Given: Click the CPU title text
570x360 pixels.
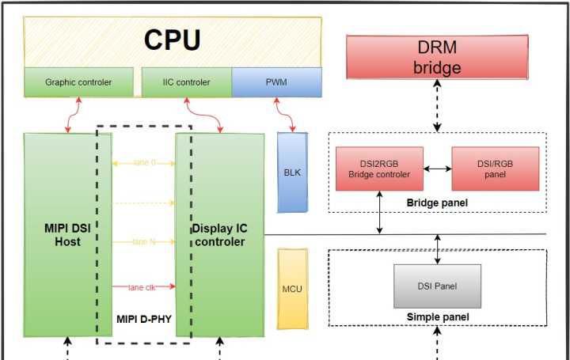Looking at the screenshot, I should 172,40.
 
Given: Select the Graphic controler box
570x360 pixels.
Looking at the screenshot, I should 78,81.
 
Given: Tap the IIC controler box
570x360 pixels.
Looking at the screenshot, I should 186,81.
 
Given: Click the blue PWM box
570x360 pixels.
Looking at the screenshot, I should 276,81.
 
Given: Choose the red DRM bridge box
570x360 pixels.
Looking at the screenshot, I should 437,57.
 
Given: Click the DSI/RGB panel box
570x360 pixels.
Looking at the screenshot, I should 495,169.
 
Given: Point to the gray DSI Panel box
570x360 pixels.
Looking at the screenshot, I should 437,286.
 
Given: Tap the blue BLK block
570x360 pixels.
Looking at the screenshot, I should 292,172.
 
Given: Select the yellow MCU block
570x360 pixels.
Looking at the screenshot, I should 292,289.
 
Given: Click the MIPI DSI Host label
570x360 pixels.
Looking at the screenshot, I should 62,235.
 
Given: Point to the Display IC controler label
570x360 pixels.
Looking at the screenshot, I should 219,235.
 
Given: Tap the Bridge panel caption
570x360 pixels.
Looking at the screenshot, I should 437,203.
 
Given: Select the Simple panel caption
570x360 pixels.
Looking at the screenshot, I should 437,317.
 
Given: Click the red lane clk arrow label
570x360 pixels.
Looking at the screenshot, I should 143,287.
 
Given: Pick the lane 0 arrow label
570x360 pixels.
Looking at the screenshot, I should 143,163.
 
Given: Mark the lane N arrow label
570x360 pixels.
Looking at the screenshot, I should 143,242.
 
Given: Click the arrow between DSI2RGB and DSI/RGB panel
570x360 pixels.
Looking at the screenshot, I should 437,169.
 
